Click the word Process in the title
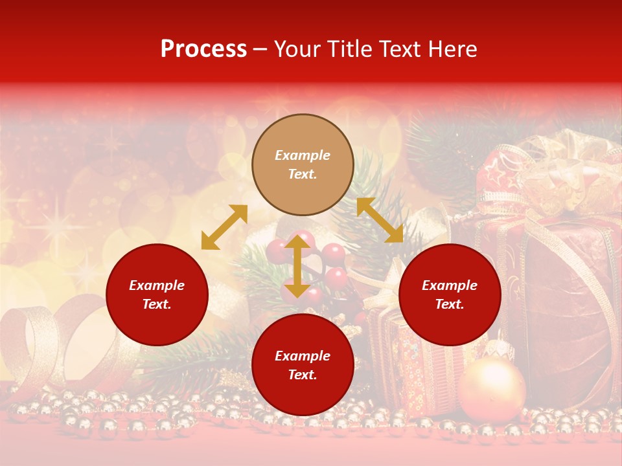pyautogui.click(x=203, y=49)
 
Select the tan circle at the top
pyautogui.click(x=303, y=165)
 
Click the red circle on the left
pyautogui.click(x=157, y=294)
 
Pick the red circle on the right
pyautogui.click(x=450, y=294)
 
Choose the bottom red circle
pyautogui.click(x=303, y=365)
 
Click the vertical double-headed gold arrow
pyautogui.click(x=297, y=266)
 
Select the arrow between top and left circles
pyautogui.click(x=224, y=227)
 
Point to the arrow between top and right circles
pyautogui.click(x=380, y=220)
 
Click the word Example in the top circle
pyautogui.click(x=303, y=155)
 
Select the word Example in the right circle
pyautogui.click(x=450, y=285)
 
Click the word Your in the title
pyautogui.click(x=297, y=49)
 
